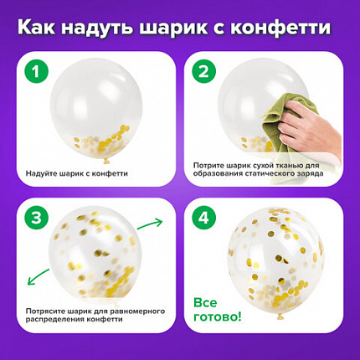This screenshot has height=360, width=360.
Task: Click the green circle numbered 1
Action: coord(36,71)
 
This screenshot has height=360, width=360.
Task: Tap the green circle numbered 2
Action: coord(203,71)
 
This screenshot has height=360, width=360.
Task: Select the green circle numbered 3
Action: coord(36,218)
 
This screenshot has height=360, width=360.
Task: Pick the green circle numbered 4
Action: coord(203,218)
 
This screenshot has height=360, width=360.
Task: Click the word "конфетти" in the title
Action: coord(280,28)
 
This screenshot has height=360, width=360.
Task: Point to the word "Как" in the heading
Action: coord(36,27)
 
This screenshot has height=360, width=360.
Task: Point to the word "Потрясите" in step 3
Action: coord(44,311)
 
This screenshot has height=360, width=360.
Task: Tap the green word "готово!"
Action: coord(218,317)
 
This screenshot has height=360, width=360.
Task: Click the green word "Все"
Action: coord(205,303)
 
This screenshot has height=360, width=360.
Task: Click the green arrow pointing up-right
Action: coord(150,224)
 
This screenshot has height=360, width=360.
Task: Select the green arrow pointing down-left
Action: coord(39,277)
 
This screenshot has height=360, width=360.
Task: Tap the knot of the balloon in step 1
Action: coord(106,161)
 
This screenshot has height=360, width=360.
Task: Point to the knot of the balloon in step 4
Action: coord(280,316)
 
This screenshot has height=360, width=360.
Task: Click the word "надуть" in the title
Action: coord(97,28)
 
